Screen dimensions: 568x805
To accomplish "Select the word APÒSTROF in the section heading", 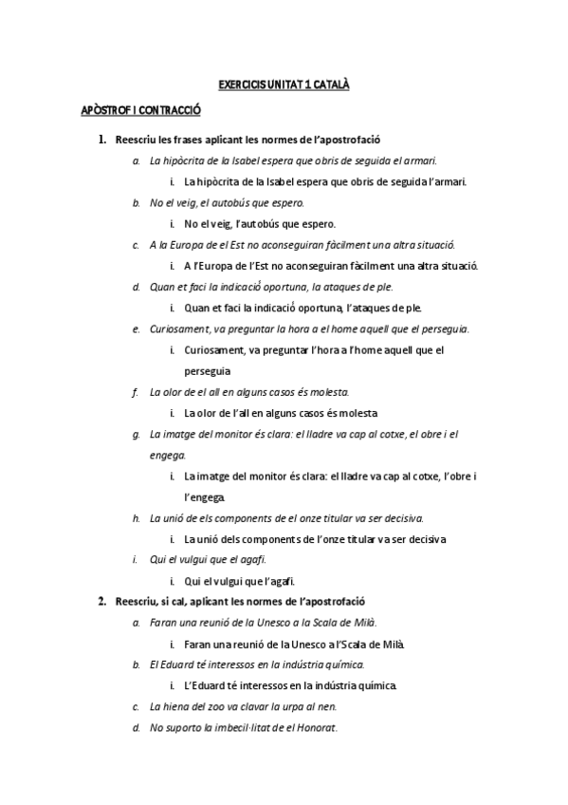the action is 102,112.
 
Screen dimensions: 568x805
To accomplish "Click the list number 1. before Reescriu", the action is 102,140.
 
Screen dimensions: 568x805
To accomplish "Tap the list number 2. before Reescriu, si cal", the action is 102,602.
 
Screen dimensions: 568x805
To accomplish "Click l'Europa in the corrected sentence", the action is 213,266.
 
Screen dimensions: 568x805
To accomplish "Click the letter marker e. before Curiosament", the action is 136,328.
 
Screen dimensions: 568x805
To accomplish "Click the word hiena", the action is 174,706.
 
